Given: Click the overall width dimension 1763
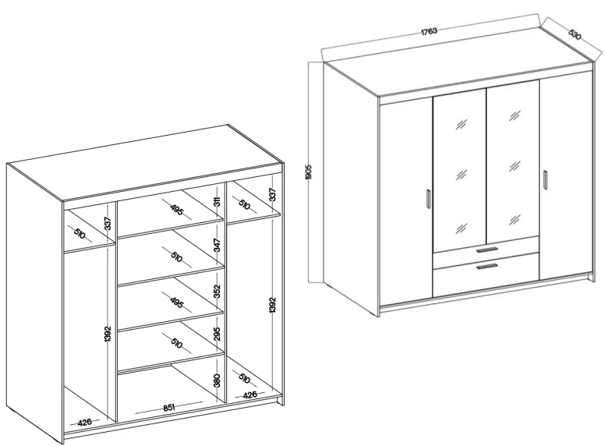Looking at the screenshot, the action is tap(429, 31).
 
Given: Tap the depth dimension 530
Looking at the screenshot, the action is tap(575, 35).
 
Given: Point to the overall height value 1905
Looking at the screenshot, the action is tap(308, 172).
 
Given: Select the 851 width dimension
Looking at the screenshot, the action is tap(169, 407).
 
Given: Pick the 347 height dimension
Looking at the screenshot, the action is tap(217, 245).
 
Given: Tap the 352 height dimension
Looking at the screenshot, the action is tap(217, 292).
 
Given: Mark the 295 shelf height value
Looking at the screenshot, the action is tap(217, 334).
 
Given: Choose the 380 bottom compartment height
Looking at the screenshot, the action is tap(217, 381).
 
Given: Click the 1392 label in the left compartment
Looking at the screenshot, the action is tap(108, 334).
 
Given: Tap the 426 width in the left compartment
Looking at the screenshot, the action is tap(85, 422).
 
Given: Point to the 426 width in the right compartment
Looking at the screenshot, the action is tap(250, 395).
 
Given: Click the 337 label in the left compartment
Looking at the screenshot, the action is tap(108, 224).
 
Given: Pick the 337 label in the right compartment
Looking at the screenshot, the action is tap(272, 194).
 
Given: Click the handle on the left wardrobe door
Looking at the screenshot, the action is tap(428, 199).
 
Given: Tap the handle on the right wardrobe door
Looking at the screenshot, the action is tap(545, 179).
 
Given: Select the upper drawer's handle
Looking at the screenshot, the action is tap(487, 250).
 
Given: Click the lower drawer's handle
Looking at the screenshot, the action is tap(487, 267).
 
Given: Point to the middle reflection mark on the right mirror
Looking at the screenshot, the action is tap(515, 167).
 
